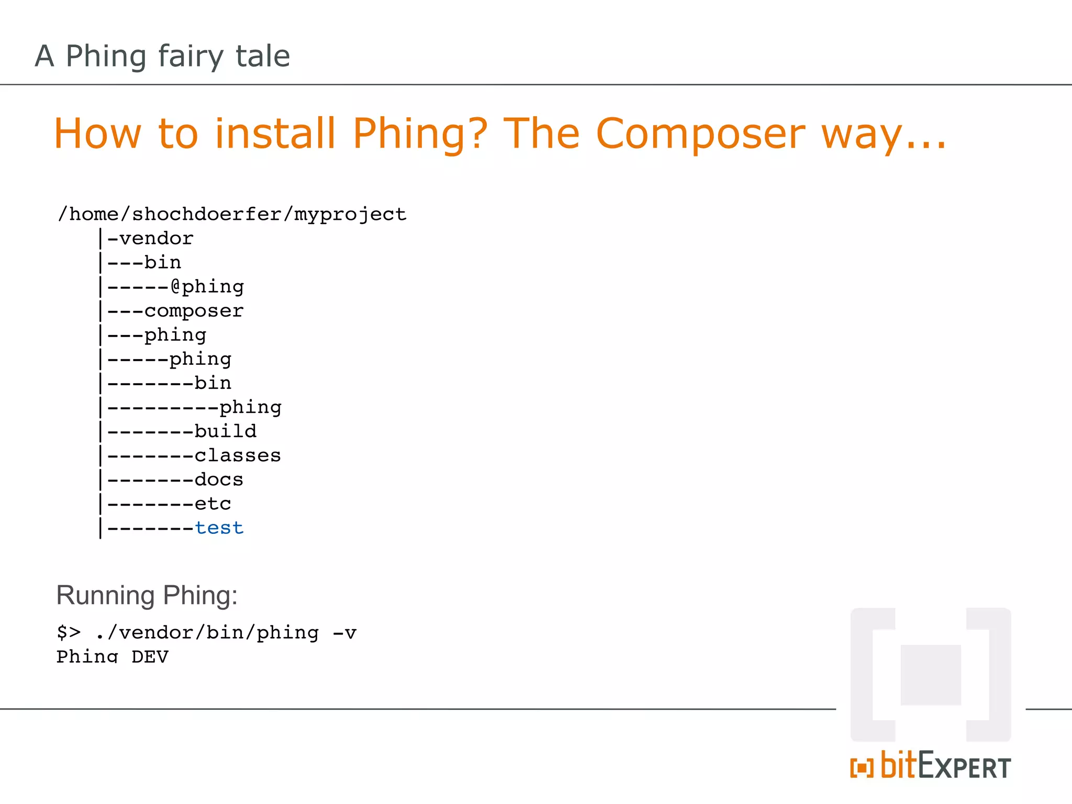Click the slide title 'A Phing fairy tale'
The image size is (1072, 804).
tap(162, 56)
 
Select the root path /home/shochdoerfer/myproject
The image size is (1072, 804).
tap(232, 214)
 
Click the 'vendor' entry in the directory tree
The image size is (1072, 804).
tap(156, 239)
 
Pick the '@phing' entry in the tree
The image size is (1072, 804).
tap(207, 287)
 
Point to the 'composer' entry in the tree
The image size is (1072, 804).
tap(194, 311)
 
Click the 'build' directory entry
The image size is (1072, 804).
tap(226, 431)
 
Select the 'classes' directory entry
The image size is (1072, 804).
tap(238, 455)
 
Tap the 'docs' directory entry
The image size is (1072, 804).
tap(219, 479)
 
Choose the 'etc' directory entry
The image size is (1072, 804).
tap(213, 504)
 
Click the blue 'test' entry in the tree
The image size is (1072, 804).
tap(219, 528)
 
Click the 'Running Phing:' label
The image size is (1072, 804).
tap(147, 596)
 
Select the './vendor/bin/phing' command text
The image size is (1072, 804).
tap(207, 633)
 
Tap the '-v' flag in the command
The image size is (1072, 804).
tap(344, 633)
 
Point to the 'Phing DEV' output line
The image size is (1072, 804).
tap(113, 656)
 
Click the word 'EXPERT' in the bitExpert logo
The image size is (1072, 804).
tap(964, 767)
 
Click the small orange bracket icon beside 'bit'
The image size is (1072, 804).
tap(862, 768)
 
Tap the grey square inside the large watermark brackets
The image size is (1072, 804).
tap(931, 675)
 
